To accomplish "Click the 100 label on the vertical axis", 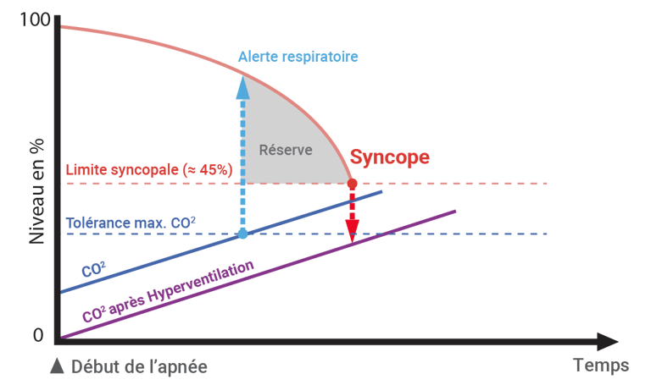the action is coord(33,20).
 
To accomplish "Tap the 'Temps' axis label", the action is coord(601,366).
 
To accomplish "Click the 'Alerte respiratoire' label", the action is coord(298,57).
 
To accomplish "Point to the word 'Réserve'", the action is coord(286,151).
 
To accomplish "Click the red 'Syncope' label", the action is coord(390,157).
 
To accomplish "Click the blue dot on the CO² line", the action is coord(243,234).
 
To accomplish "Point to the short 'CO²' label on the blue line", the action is coord(92,270).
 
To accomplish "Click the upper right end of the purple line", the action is coord(456,211).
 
